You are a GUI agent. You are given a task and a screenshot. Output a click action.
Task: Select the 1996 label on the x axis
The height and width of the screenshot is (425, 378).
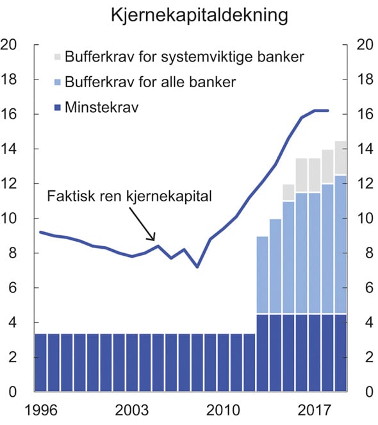point(41,408)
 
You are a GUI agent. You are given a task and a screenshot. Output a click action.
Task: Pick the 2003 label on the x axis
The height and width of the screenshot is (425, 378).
point(133,408)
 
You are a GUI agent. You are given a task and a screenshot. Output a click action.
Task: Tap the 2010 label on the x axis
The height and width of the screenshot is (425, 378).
point(224,408)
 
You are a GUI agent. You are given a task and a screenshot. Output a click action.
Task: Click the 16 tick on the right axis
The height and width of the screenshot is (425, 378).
point(361,115)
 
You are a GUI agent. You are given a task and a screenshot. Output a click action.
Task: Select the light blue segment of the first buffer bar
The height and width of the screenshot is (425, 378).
point(262,275)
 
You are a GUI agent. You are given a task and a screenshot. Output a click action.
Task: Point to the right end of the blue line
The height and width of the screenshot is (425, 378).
point(328,111)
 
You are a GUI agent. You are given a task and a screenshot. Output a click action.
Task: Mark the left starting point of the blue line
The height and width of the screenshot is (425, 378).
point(40,232)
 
